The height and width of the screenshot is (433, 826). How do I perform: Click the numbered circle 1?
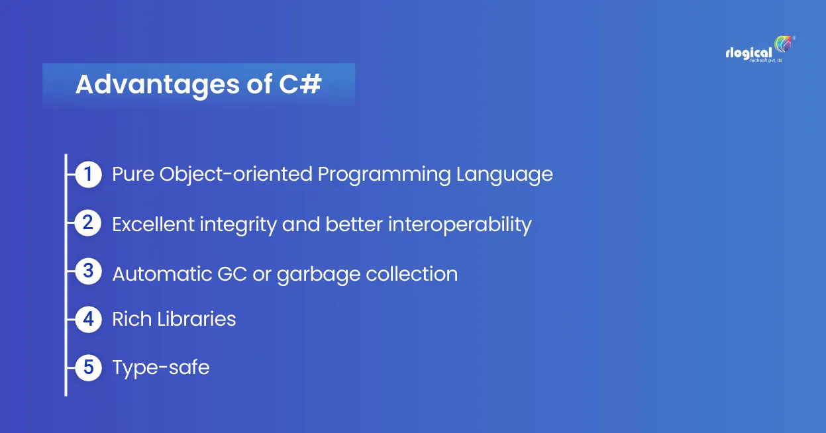(88, 174)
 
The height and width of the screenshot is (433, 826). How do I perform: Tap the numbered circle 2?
(88, 222)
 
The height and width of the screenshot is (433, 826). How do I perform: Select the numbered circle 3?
(88, 271)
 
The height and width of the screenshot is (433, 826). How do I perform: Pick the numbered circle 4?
(88, 319)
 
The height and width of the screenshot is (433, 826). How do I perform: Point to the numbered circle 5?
(88, 367)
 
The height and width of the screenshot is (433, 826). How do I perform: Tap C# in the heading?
(300, 84)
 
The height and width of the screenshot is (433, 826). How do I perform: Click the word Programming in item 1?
(384, 175)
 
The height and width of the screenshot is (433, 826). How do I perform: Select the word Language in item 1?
(505, 175)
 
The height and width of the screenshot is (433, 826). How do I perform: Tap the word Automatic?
(162, 274)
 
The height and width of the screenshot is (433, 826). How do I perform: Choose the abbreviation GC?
(232, 274)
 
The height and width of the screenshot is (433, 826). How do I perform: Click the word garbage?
(318, 275)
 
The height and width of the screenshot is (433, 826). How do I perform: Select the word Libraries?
(197, 318)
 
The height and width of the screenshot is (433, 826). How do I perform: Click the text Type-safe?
(161, 367)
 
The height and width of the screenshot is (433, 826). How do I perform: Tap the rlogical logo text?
(749, 54)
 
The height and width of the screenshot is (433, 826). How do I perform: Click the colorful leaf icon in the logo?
(783, 44)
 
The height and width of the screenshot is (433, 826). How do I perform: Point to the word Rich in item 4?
(132, 318)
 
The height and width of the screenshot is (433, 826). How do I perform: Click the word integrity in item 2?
(238, 225)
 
